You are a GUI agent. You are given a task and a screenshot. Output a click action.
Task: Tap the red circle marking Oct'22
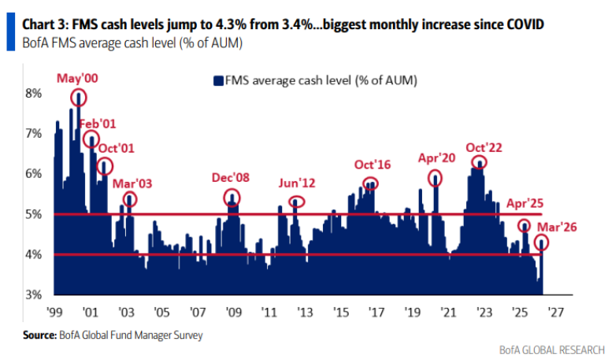pos(478,162)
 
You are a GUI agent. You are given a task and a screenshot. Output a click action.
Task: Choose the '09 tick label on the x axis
pos(233,312)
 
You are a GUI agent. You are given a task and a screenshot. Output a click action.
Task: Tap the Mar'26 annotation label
pos(556,227)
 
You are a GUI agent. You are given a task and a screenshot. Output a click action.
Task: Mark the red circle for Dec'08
pos(232,198)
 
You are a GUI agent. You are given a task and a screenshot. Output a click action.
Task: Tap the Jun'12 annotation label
pos(296,183)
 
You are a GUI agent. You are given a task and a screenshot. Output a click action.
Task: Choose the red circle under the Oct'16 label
pos(370,184)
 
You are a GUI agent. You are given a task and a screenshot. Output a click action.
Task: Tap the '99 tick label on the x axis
pos(54,312)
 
